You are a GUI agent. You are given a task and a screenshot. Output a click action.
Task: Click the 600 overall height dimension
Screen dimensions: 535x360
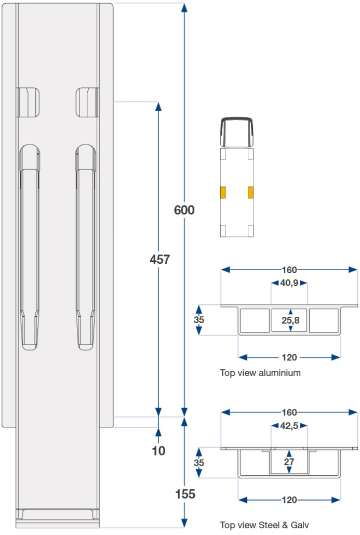184,210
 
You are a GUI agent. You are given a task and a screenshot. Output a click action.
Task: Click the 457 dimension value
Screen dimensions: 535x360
159,259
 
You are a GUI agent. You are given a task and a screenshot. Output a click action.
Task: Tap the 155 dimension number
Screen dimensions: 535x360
185,494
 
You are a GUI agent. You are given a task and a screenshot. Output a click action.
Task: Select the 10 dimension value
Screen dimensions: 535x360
159,450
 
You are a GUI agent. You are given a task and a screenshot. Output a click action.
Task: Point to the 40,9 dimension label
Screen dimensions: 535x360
289,283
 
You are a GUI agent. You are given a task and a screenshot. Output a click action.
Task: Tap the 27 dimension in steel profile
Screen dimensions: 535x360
289,462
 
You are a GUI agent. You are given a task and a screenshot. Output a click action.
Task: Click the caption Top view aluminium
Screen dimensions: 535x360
260,372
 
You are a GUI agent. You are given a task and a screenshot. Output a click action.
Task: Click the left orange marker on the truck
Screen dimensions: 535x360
223,192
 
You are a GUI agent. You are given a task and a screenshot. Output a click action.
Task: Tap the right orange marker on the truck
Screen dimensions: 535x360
251,192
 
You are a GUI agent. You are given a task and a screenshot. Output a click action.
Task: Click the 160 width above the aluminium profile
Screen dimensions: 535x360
289,270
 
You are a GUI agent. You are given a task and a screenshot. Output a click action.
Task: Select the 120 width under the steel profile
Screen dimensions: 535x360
289,500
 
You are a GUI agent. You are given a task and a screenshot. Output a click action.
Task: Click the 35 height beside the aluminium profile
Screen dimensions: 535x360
199,320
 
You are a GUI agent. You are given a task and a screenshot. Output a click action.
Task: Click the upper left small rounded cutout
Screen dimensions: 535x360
28,102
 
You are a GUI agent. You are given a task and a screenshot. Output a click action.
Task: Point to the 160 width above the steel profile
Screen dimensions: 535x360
289,412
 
